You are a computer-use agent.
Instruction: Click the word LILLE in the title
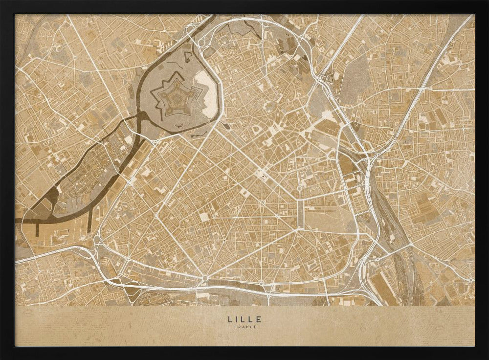click(x=244, y=319)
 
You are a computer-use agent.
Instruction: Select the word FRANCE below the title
click(x=244, y=327)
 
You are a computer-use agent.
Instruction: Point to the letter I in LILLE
click(x=237, y=319)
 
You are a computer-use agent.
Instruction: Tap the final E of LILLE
click(x=259, y=319)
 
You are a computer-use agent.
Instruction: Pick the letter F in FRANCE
click(x=235, y=327)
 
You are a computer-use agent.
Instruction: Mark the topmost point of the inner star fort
click(x=175, y=73)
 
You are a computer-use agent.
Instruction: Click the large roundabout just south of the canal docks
click(x=97, y=239)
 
